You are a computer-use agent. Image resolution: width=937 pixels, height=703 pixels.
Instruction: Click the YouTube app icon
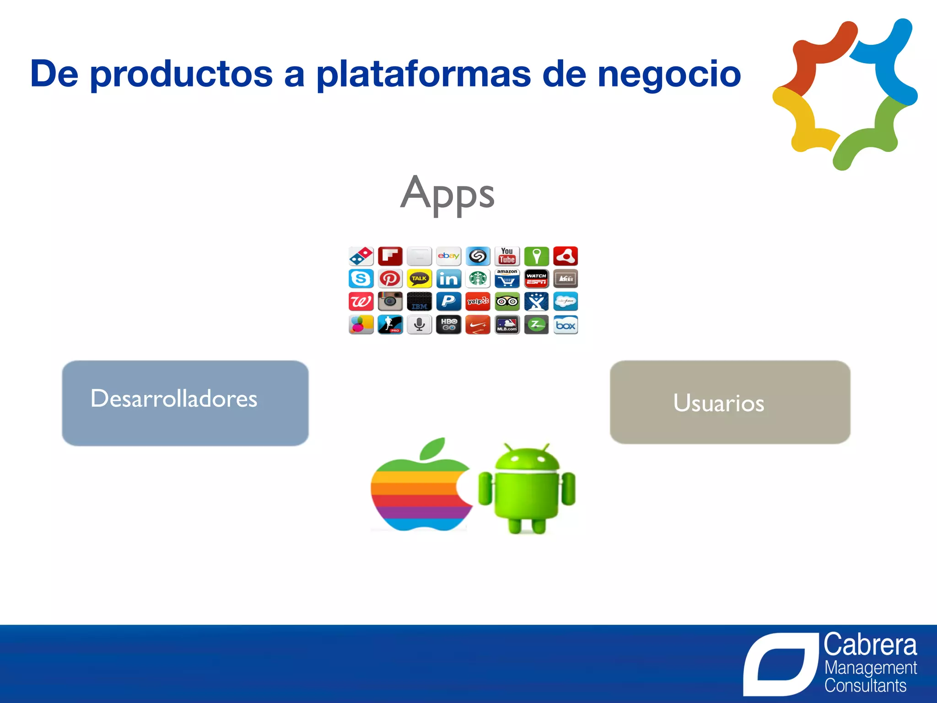pos(507,256)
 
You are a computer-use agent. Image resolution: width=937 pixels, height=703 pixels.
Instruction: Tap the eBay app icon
pos(448,256)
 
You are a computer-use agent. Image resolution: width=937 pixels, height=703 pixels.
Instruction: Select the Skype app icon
pos(361,279)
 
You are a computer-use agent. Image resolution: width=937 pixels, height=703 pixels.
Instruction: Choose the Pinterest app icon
pos(390,279)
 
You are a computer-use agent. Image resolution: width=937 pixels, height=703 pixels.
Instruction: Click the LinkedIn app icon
pos(448,279)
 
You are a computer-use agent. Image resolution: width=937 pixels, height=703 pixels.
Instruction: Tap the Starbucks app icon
pos(478,279)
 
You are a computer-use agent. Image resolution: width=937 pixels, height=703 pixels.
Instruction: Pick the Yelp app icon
pos(478,302)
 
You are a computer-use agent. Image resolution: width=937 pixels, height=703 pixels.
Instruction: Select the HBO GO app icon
pos(448,325)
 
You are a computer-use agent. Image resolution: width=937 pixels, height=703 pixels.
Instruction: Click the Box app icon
pos(565,325)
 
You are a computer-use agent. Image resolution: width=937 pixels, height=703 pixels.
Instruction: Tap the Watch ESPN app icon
pos(536,279)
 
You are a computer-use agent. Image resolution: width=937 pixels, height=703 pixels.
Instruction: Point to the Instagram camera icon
pos(390,302)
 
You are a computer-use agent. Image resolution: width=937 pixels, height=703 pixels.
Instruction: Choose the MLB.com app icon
pos(507,325)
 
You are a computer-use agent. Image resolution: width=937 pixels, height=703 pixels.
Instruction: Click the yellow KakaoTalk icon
pos(419,279)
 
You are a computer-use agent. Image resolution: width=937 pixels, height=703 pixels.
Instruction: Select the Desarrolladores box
pos(185,403)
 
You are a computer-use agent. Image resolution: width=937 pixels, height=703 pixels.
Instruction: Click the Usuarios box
pos(730,402)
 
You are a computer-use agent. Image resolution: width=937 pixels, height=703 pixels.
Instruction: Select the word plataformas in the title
pos(423,75)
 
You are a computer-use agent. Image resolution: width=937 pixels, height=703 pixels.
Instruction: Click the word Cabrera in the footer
pos(870,645)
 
